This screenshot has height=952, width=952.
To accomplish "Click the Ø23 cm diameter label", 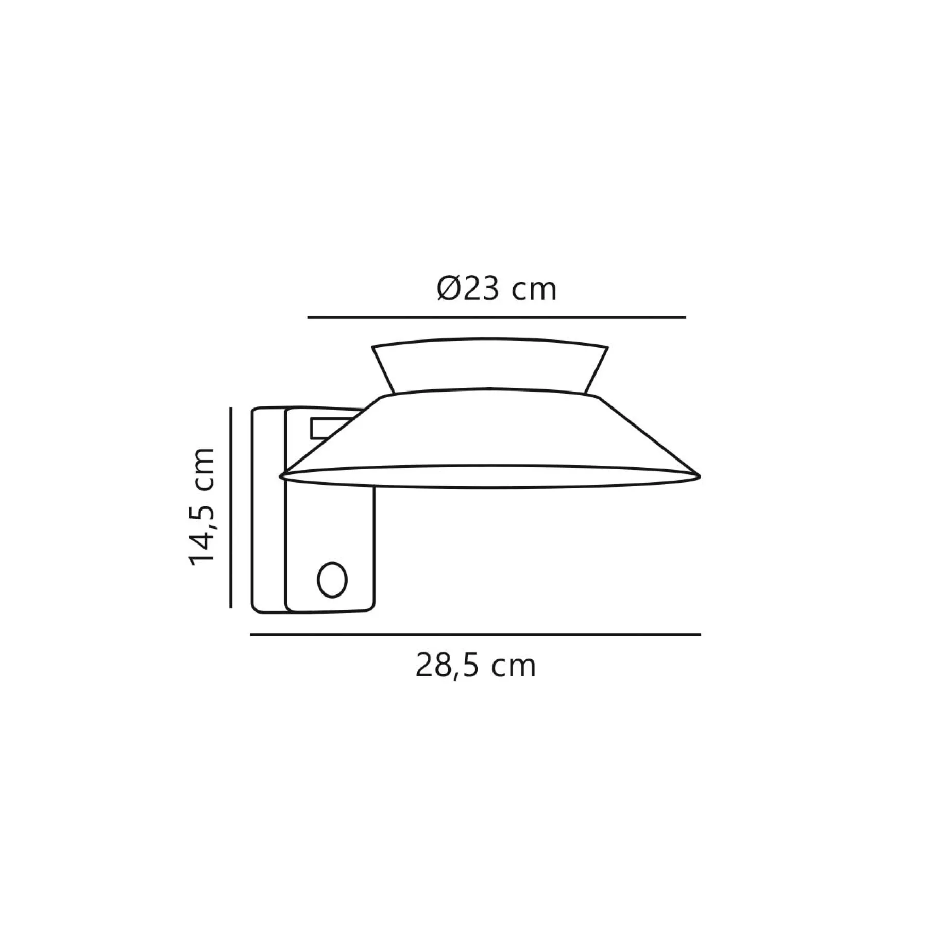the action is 497,290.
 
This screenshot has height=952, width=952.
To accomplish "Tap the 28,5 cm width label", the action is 476,667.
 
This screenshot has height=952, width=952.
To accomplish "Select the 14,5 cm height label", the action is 202,508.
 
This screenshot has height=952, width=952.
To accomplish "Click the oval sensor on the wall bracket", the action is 332,579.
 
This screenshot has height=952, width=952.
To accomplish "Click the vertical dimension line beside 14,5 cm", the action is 231,507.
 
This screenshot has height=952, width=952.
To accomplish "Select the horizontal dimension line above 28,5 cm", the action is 475,635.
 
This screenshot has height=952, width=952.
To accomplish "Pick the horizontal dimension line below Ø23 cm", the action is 497,317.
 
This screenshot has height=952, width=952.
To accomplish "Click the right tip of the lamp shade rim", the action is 700,477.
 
